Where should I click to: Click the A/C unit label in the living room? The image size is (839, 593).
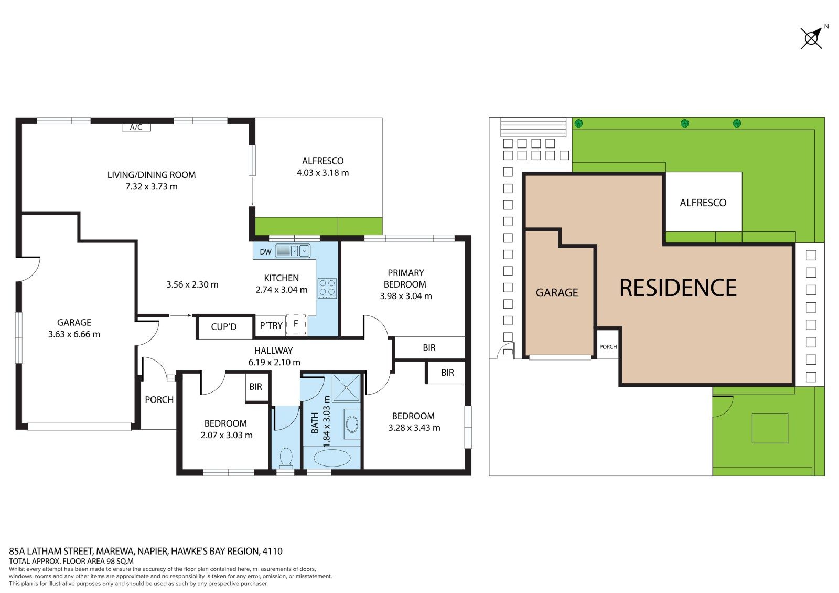pos(136,128)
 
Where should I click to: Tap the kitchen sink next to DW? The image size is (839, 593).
pos(293,251)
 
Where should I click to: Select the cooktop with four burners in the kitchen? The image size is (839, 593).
pos(327,288)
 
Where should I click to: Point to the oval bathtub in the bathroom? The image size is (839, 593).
pos(332,458)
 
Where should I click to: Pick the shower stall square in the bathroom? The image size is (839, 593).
pos(346,388)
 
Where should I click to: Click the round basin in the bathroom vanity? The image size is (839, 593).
pos(352,425)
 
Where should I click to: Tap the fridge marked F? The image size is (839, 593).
pos(296,324)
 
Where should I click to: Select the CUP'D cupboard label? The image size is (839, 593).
pos(223,327)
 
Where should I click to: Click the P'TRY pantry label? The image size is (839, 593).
pos(271,325)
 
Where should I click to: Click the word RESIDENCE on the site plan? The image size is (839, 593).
pos(678,288)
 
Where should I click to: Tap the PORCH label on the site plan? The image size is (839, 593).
pos(608,347)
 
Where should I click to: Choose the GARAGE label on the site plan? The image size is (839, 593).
pos(557,292)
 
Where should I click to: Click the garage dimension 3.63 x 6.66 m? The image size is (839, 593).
pos(74,334)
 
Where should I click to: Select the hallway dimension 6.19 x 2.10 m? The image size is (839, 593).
pos(274,362)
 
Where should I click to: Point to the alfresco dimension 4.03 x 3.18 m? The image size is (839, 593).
pos(323,173)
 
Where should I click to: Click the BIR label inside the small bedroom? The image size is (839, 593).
pos(256,387)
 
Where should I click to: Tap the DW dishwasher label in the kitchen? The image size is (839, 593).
pos(265,252)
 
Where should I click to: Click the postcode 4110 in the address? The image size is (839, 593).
pos(272,551)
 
